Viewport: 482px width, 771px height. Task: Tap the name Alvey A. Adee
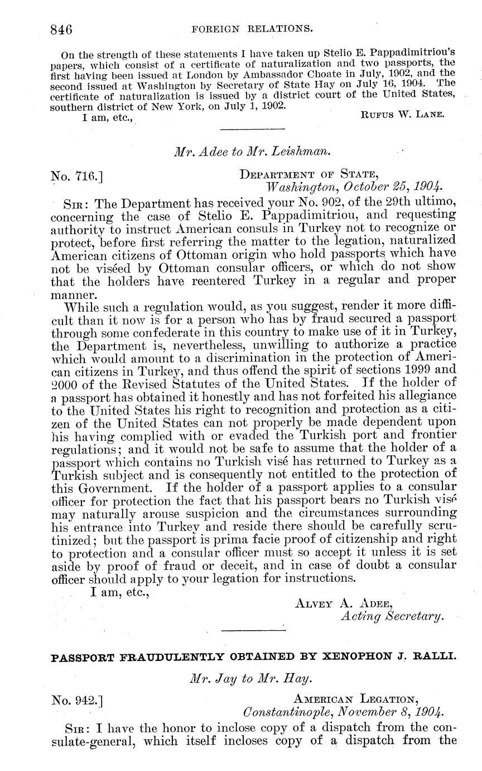[343, 603]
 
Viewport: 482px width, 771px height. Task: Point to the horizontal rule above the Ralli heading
[253, 630]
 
